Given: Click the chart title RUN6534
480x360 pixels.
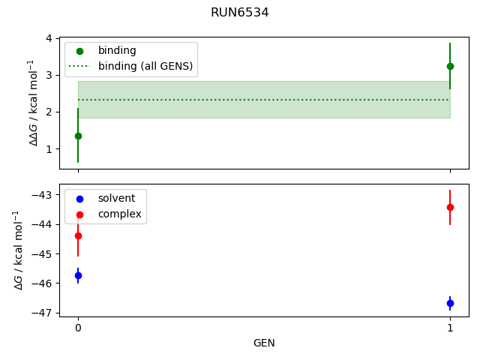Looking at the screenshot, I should tap(239, 13).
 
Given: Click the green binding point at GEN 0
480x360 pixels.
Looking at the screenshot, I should tap(78, 136).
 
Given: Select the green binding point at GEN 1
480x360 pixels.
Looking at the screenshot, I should tap(450, 66).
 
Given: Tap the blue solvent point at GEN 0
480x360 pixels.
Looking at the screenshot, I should tap(78, 275).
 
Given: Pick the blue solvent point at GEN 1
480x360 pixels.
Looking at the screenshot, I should tap(450, 303).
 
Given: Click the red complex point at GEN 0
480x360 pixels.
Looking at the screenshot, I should tap(78, 235).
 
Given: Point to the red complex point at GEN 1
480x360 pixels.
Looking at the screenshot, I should tap(450, 207).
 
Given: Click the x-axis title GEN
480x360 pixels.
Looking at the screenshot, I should tap(264, 343).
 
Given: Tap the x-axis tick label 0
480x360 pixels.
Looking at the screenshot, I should tap(78, 328).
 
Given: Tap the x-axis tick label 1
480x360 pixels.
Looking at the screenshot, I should tap(450, 328).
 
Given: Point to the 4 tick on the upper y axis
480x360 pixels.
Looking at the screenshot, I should tap(49, 38).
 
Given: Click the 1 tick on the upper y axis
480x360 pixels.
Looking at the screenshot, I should tap(49, 149).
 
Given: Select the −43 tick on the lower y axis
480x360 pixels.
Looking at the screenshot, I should tap(43, 195).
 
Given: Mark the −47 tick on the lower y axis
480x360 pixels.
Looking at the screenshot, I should tap(43, 313).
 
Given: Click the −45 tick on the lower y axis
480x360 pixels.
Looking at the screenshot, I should tap(43, 254).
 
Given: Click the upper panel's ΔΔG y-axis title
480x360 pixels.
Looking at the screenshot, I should tap(32, 102).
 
